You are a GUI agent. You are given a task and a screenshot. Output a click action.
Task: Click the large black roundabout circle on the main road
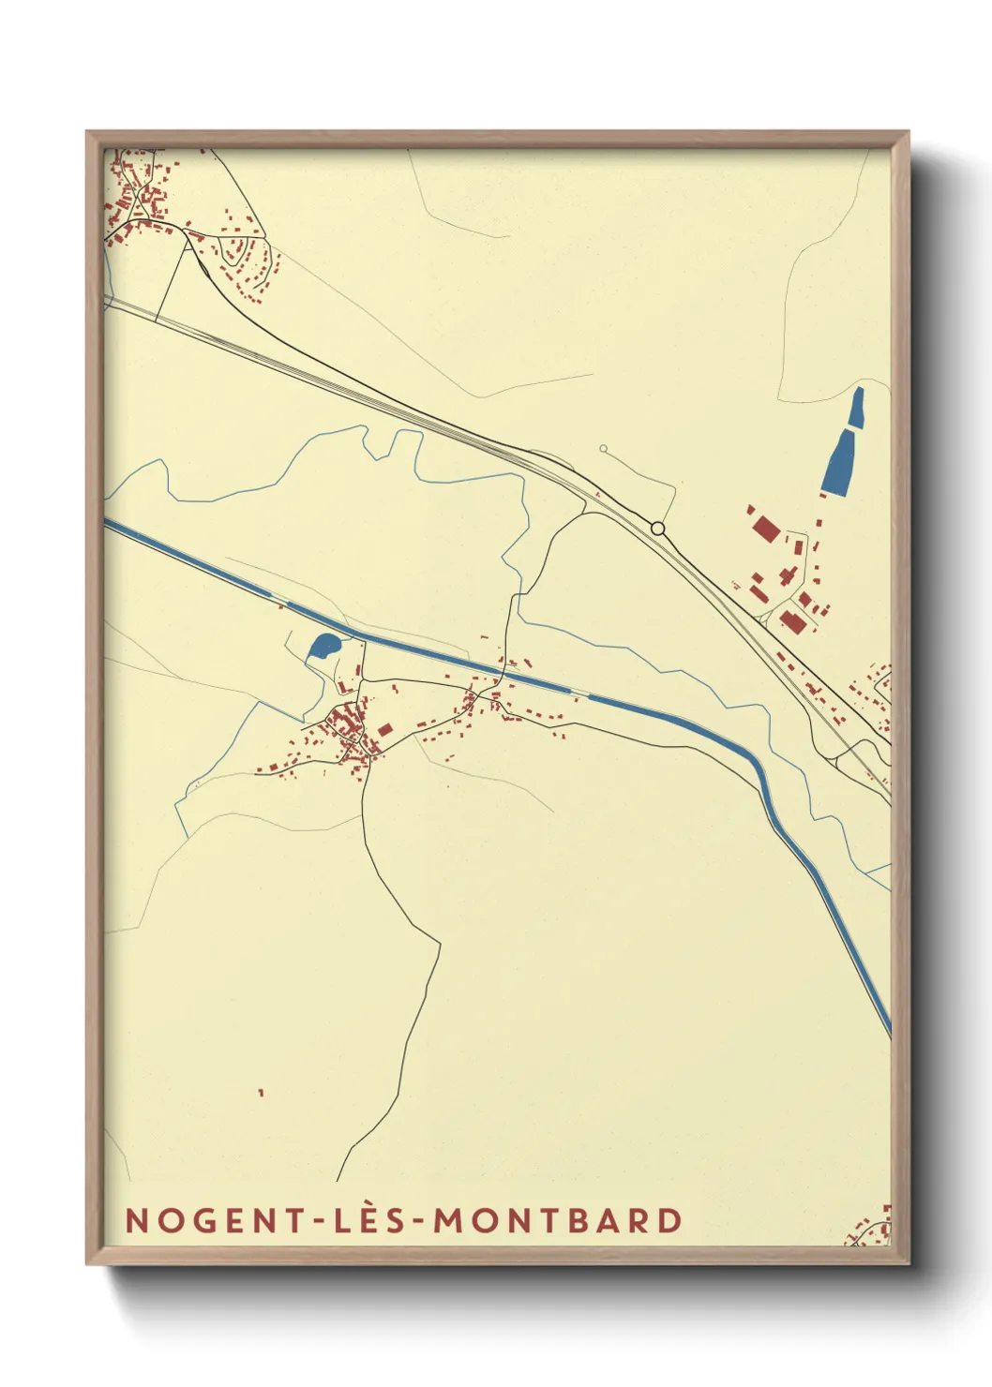(658, 529)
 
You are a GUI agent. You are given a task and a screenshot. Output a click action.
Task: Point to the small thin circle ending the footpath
(603, 449)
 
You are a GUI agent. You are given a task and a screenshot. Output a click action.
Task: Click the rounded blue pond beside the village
(323, 645)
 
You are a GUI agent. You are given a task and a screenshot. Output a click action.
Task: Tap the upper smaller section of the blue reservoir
(857, 410)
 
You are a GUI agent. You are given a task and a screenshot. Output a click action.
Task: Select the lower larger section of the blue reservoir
(838, 464)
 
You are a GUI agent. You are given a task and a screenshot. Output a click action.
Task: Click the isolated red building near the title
(262, 1093)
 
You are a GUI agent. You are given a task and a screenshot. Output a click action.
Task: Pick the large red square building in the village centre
(384, 729)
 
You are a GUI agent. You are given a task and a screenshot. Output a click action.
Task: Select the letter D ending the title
(669, 1220)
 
